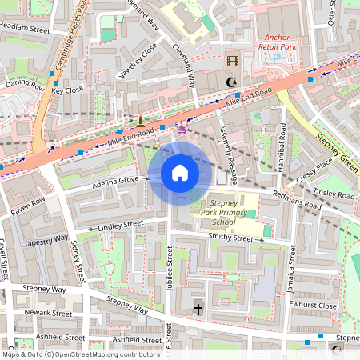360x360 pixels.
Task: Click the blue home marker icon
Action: [x=180, y=173]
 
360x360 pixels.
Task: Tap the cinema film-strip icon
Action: [x=232, y=62]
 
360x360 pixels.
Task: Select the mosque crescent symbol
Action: [x=233, y=82]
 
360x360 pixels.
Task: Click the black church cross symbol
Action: [x=198, y=308]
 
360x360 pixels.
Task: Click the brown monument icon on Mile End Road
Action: [x=141, y=122]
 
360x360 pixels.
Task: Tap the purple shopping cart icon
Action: [x=182, y=127]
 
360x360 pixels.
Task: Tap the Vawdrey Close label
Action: [x=136, y=62]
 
